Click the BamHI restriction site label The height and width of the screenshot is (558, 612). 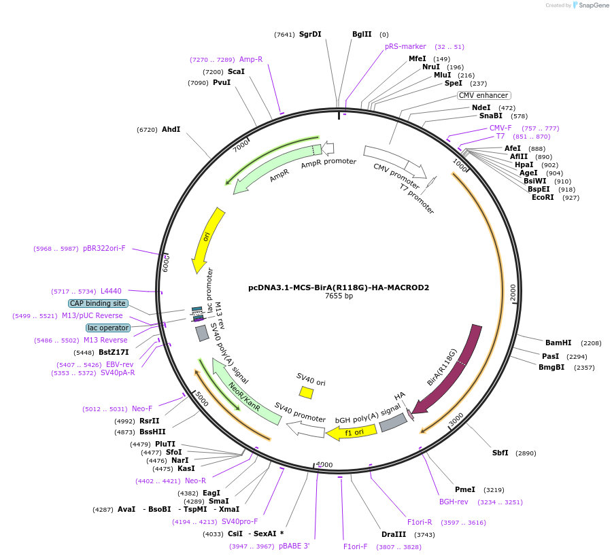point(558,343)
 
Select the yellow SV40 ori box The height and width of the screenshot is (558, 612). point(306,392)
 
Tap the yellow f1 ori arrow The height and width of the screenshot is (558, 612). point(346,432)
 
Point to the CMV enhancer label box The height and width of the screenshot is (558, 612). point(483,96)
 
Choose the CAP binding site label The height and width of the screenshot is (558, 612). point(97,303)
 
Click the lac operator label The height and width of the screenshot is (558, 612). point(107,328)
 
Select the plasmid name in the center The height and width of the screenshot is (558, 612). point(339,287)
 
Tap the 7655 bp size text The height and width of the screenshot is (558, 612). point(339,296)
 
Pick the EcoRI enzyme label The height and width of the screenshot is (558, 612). point(543,197)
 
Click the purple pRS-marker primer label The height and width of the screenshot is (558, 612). point(405,46)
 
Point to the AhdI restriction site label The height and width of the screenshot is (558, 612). point(171,129)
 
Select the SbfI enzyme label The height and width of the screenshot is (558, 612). point(500,453)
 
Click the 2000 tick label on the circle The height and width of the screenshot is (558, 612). point(513,293)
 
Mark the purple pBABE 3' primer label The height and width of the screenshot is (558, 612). point(294,546)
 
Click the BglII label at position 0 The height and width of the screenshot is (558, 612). point(362,34)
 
